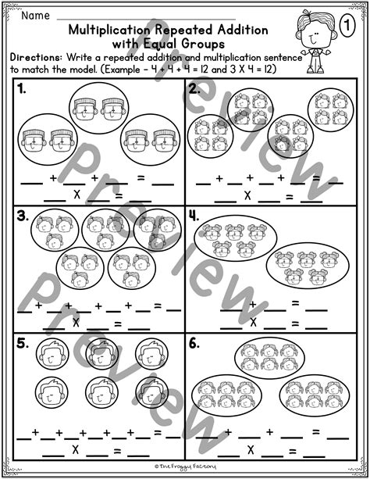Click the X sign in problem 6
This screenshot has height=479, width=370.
(250, 450)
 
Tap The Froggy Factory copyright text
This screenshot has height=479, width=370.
(184, 470)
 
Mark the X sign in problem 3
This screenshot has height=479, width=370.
(76, 321)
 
